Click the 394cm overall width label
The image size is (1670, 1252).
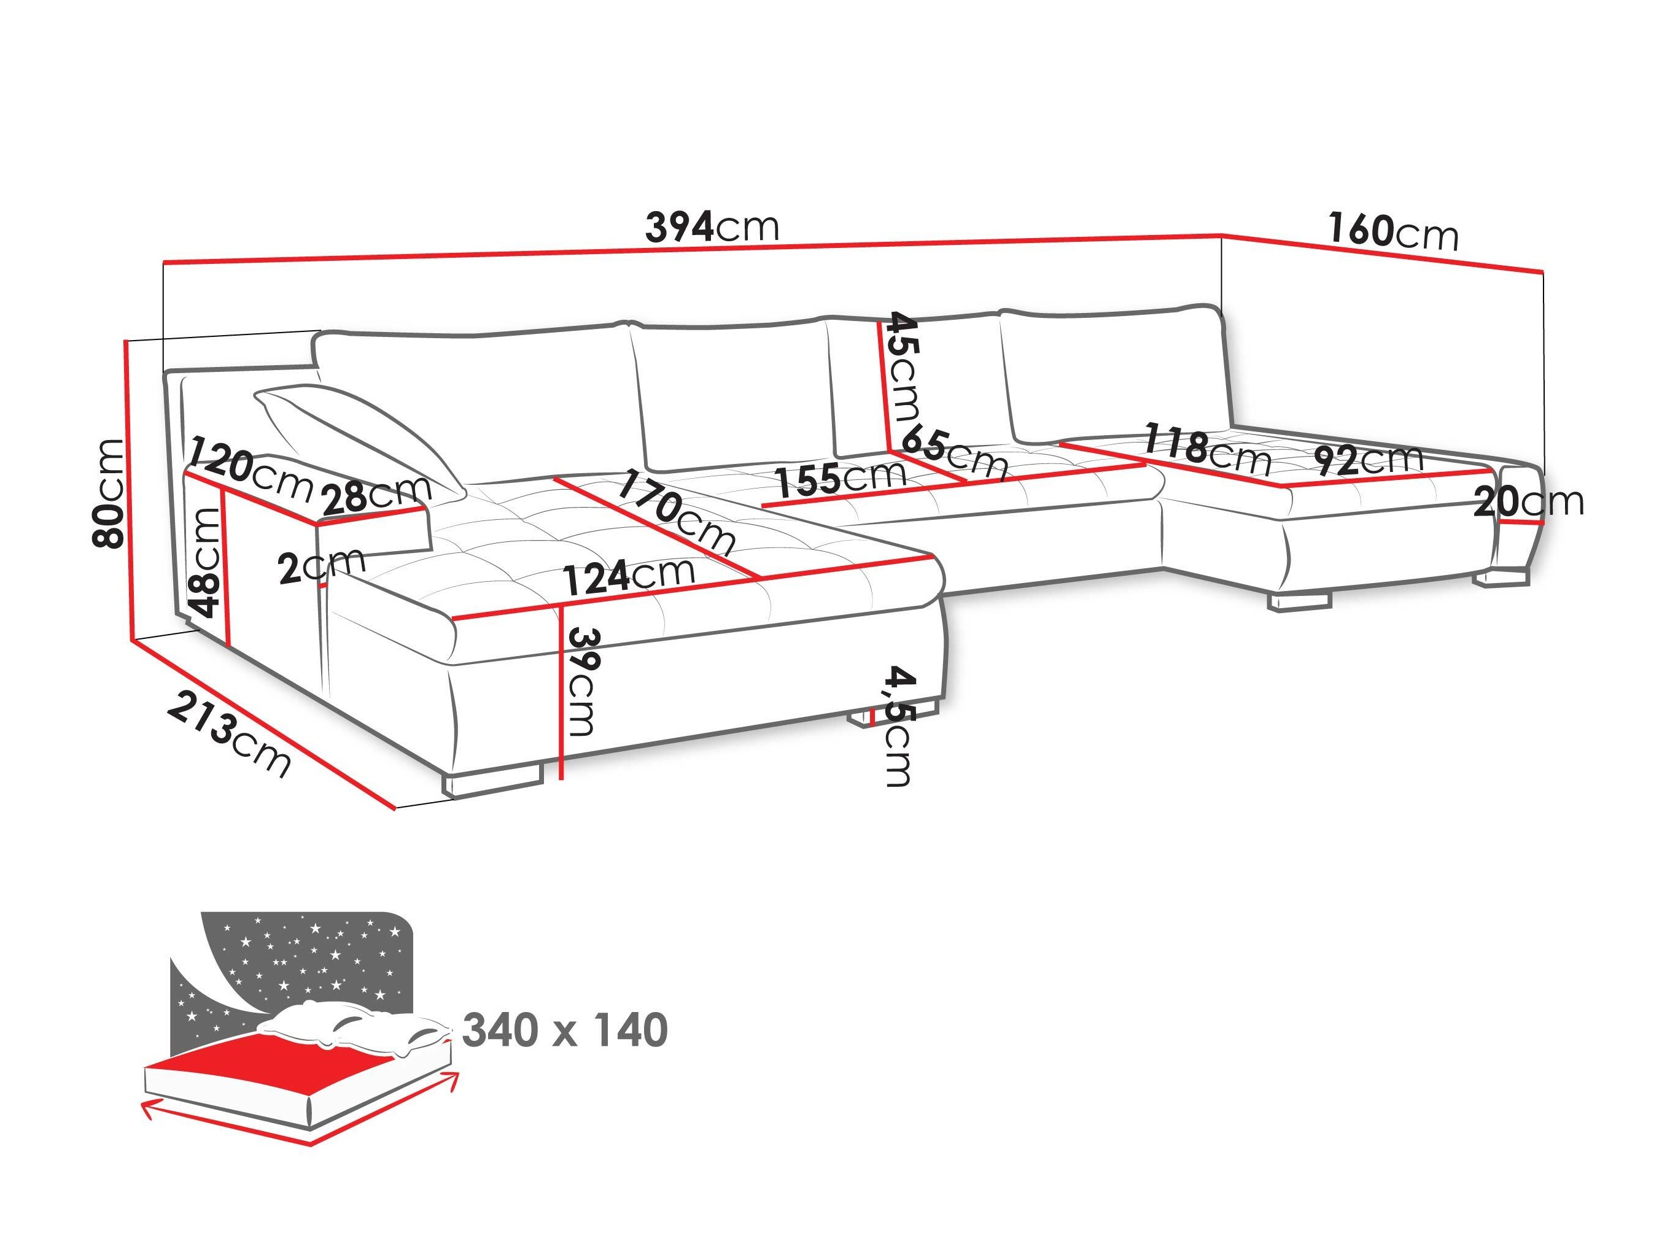point(711,226)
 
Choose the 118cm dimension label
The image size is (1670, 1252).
point(1207,450)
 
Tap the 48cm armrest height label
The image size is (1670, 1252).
point(205,562)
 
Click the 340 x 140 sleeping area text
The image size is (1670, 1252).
point(565,1031)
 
